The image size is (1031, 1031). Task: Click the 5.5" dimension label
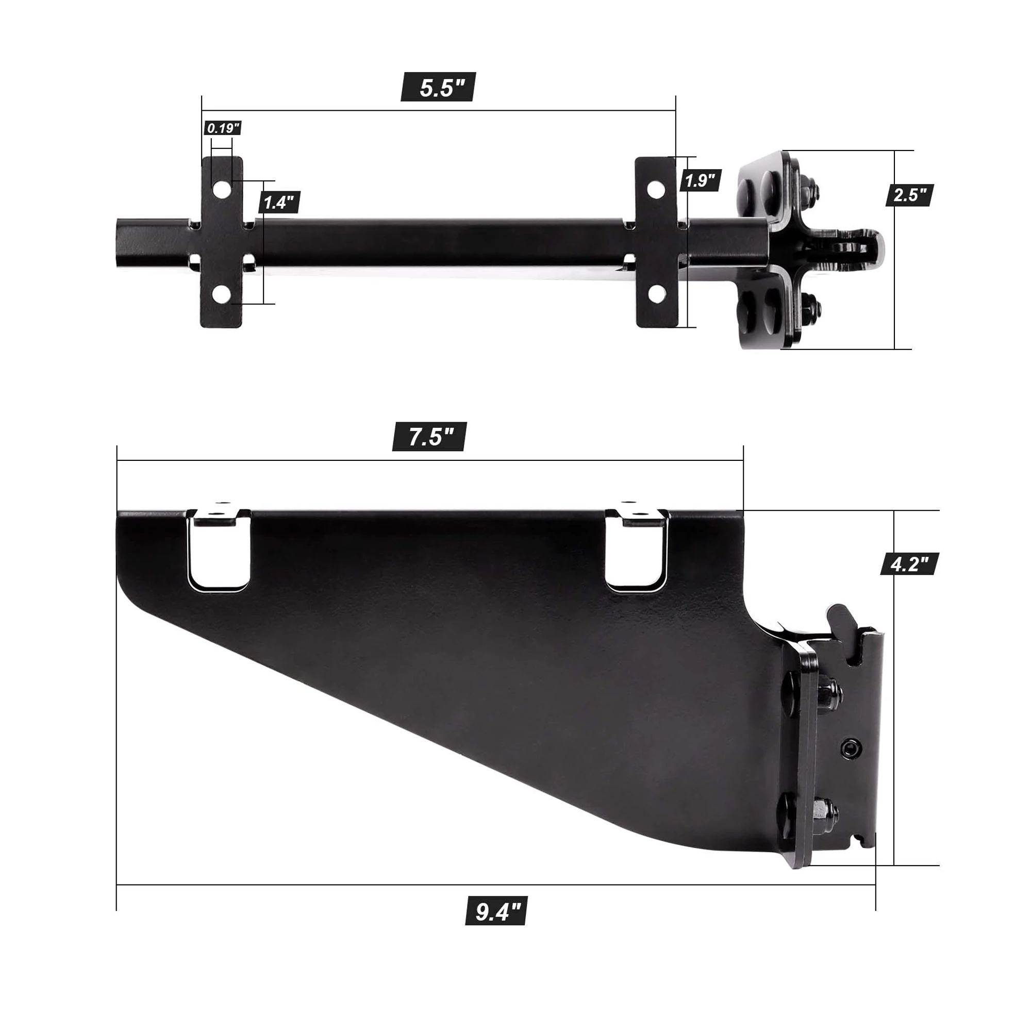pos(438,87)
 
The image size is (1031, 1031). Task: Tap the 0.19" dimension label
pos(223,128)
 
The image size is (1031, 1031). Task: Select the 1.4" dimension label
pos(279,202)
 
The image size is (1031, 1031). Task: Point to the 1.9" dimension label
pos(700,180)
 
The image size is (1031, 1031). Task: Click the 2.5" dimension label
pos(909,194)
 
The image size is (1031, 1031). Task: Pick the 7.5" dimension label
pos(429,436)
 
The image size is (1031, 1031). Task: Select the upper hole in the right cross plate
pos(656,189)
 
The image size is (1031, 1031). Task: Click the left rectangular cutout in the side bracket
pos(218,555)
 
